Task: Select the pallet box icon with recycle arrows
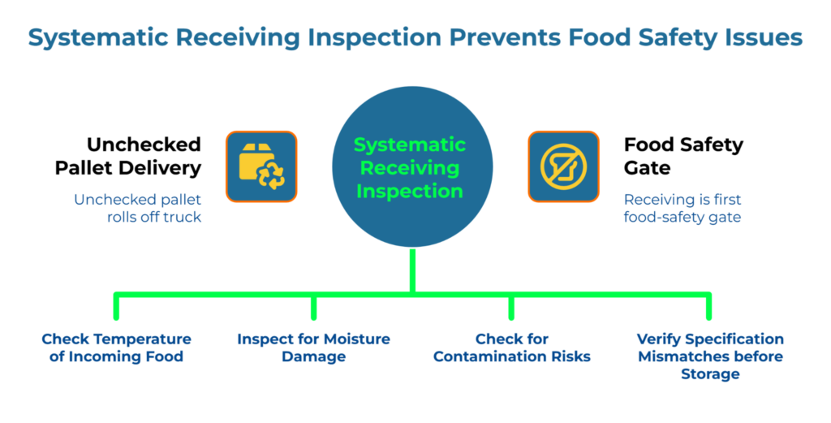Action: coord(261,166)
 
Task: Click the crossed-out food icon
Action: coord(564,166)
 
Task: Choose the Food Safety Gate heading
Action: coord(683,156)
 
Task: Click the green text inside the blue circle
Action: coord(410,168)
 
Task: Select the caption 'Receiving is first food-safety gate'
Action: coord(682,207)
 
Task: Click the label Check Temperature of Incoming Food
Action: coord(116,347)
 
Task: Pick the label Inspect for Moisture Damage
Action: coord(313,347)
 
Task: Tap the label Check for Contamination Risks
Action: coord(511,347)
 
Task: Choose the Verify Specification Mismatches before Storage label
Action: coord(710,356)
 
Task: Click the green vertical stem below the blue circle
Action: coord(413,271)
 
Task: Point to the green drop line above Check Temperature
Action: coord(116,306)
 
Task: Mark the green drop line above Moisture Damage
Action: coord(313,306)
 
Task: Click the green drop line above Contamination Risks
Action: coord(511,306)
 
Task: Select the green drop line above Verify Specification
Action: coord(709,306)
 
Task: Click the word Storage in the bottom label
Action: coord(710,374)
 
